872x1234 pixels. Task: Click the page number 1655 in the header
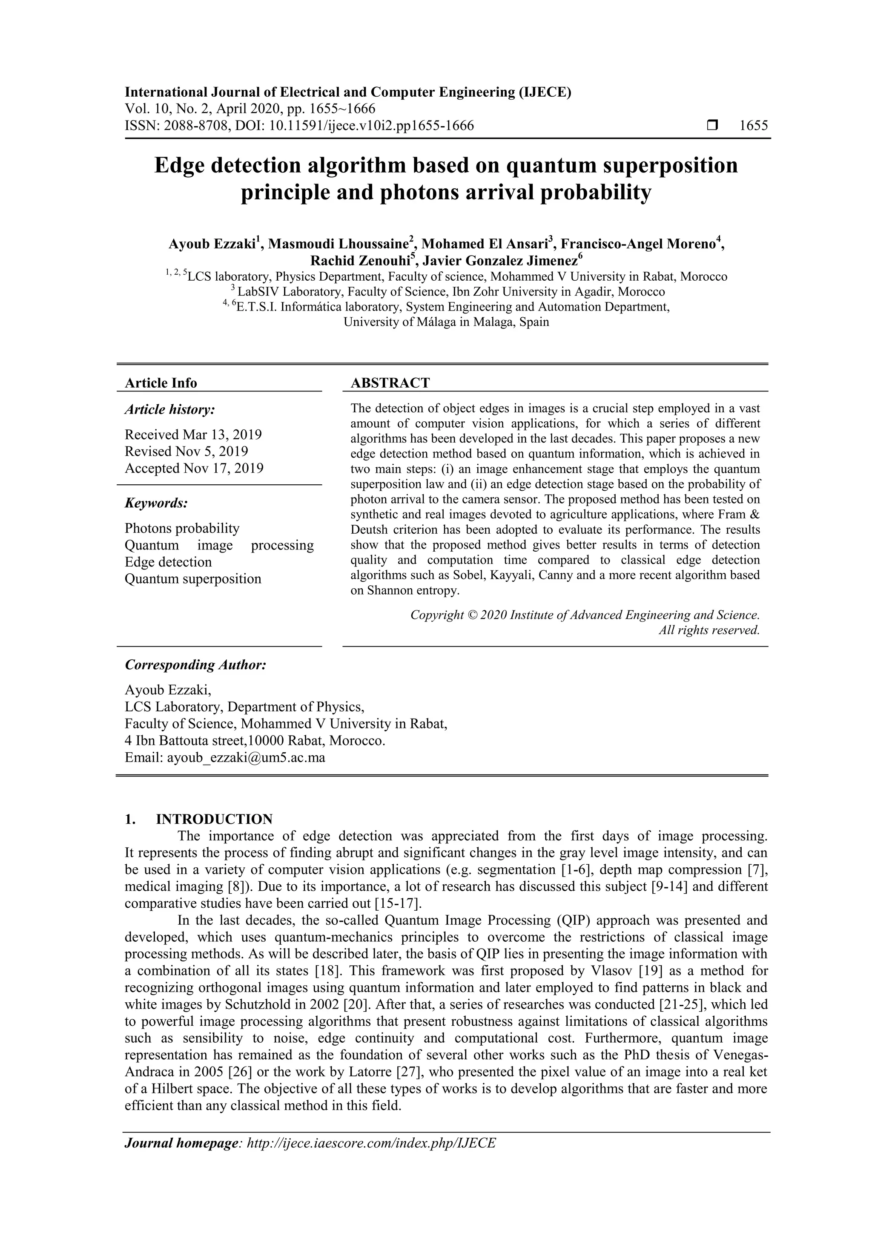click(753, 126)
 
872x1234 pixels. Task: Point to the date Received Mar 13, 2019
click(193, 434)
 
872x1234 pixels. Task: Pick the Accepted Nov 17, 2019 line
click(194, 468)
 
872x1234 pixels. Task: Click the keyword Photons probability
click(182, 528)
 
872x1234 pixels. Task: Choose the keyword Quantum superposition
click(193, 579)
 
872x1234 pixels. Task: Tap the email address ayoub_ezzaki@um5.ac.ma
click(246, 758)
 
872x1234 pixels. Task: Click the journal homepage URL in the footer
click(371, 1158)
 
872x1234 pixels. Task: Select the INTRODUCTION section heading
click(214, 819)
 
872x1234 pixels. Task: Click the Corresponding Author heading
click(195, 665)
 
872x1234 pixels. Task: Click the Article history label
click(170, 409)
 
